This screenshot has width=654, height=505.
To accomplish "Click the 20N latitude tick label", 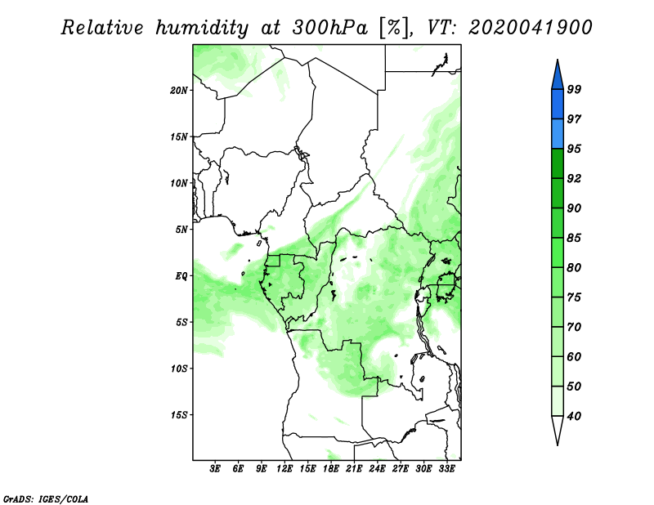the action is pos(179,91).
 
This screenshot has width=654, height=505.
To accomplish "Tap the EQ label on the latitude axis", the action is pos(181,276).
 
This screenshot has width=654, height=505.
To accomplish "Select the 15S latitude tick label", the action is pos(179,415).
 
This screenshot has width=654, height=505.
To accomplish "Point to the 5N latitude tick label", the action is pos(181,230).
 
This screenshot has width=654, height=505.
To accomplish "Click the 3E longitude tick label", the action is pos(215,469).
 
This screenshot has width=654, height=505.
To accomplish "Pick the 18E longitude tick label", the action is pos(331,469).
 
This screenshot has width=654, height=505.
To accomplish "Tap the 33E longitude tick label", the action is pos(446,469).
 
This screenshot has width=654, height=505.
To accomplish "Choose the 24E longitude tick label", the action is pos(377,469).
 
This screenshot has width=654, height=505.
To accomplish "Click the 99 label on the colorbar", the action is pos(574,89).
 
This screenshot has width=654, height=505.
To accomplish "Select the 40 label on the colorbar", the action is pos(574,416).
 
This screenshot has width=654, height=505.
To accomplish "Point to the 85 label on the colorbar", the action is pos(574,238).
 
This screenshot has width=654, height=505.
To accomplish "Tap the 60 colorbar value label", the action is pos(574,356).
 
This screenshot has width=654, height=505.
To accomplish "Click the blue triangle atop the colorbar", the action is pos(558,77).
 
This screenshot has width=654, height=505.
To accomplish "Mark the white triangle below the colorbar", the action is pos(558,428).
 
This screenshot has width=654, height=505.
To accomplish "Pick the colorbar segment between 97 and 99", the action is pos(558,105).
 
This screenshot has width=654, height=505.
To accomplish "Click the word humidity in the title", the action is pos(202,28).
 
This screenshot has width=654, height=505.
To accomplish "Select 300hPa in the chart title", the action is pos(330,28).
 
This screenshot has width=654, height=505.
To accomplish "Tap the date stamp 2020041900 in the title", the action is pos(530,28).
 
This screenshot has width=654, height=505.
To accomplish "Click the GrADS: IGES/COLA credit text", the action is pos(46,498).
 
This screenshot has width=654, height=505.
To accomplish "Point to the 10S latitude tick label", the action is pos(179,369).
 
